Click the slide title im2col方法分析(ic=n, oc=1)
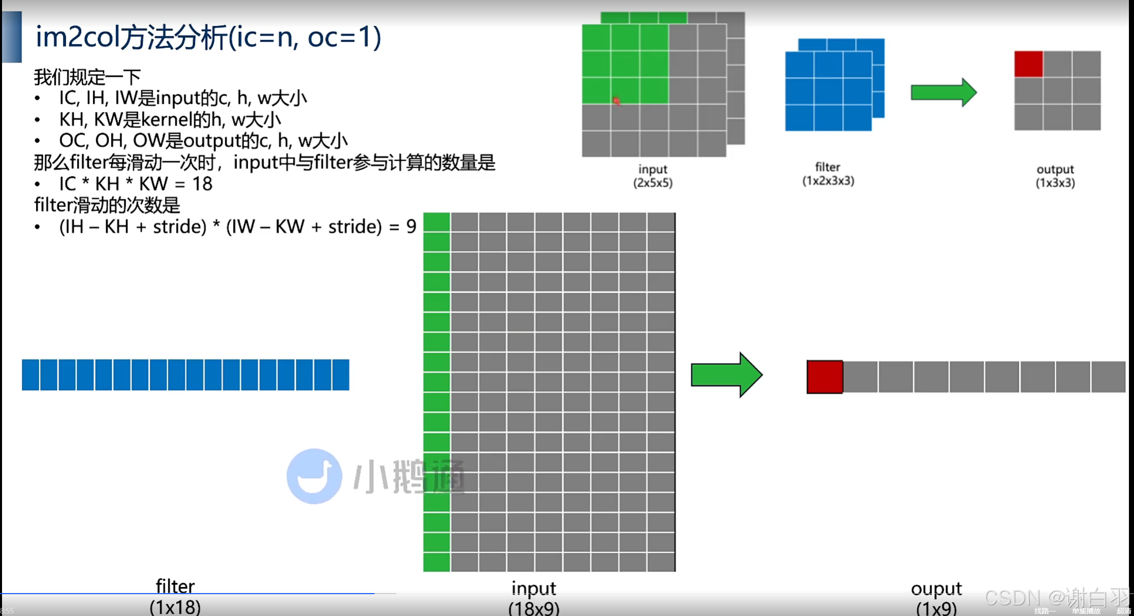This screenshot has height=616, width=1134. point(208,38)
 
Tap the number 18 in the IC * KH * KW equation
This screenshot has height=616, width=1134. point(202,184)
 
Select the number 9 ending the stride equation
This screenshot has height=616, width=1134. point(411,227)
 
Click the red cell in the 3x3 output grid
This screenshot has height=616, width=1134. point(1028,64)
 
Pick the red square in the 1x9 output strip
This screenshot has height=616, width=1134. point(824,377)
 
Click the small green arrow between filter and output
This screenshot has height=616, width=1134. point(943,93)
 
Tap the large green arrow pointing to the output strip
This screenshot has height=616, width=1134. point(726,375)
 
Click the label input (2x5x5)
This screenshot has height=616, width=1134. point(653,176)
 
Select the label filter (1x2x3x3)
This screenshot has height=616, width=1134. point(828,174)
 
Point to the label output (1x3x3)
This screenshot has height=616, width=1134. point(1055,176)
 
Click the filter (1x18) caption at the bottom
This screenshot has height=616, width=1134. point(175,597)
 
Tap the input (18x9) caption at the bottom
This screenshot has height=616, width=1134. point(534,598)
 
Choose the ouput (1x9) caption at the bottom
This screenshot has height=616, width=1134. point(936,598)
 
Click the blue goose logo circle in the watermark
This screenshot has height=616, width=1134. point(314,476)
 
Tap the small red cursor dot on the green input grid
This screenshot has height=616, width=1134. point(617,101)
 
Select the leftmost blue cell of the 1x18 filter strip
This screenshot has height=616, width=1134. point(30,375)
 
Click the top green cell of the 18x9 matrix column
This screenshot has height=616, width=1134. point(437,222)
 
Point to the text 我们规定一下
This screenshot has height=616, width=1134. point(87,77)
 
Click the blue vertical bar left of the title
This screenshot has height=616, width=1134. point(12,37)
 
